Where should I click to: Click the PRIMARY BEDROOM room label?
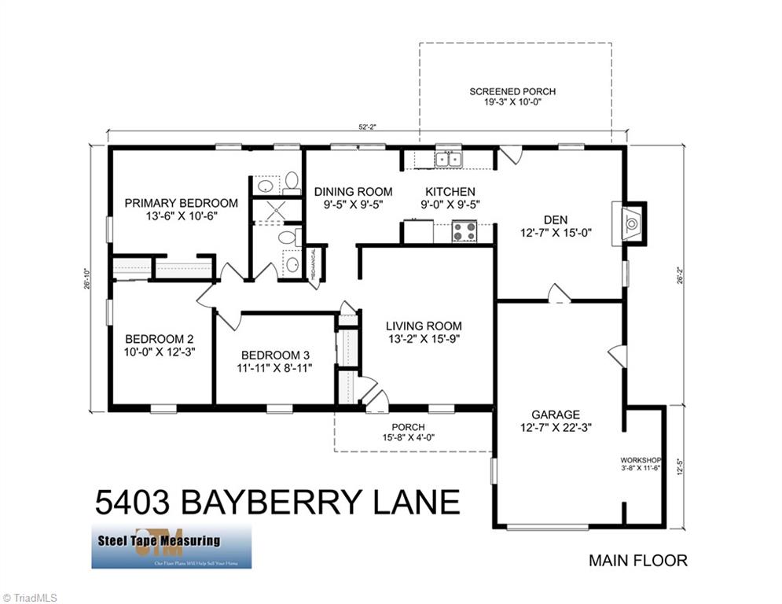pyautogui.click(x=181, y=203)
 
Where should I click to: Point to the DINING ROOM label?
pyautogui.click(x=353, y=191)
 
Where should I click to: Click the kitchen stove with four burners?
pyautogui.click(x=464, y=232)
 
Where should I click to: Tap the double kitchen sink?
pyautogui.click(x=449, y=160)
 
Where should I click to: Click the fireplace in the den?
pyautogui.click(x=630, y=223)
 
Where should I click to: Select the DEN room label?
pyautogui.click(x=555, y=219)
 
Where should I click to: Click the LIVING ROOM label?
pyautogui.click(x=424, y=326)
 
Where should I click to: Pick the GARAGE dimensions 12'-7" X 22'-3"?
pyautogui.click(x=555, y=428)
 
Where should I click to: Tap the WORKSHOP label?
pyautogui.click(x=641, y=460)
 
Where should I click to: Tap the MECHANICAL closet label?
pyautogui.click(x=312, y=265)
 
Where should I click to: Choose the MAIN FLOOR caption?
pyautogui.click(x=637, y=561)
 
